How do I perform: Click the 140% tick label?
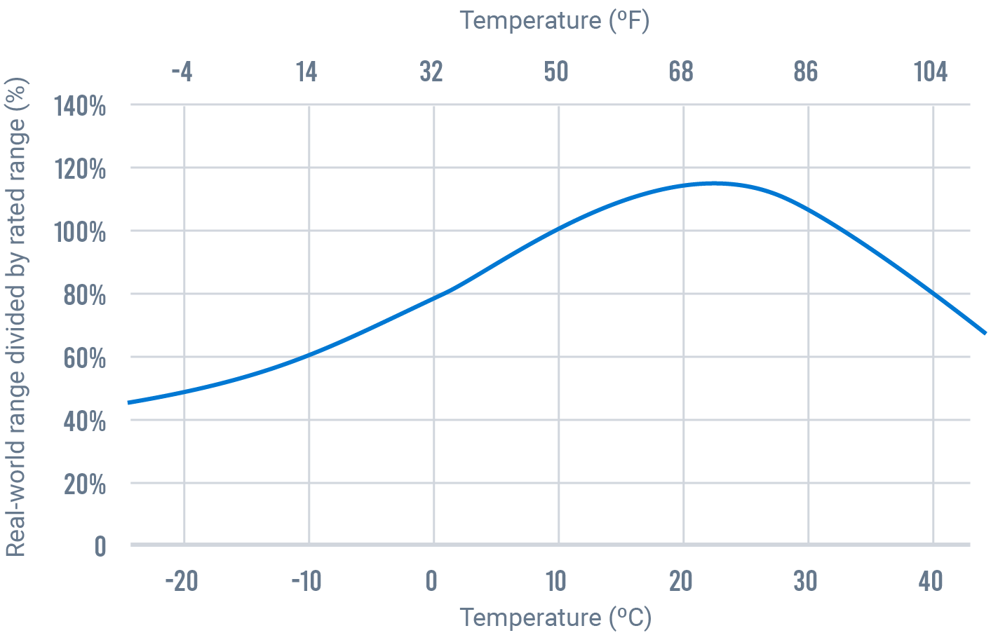tap(80, 107)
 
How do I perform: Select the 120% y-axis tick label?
tap(80, 170)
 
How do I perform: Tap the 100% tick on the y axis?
tap(80, 232)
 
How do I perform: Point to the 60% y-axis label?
tap(84, 358)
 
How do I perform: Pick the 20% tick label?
tap(84, 484)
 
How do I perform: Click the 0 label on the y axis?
tap(100, 546)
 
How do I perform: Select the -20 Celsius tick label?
tap(182, 581)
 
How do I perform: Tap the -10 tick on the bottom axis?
tap(306, 581)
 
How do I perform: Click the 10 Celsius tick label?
tap(556, 581)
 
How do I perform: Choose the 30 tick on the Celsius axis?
tap(806, 581)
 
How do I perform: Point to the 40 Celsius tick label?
tap(931, 581)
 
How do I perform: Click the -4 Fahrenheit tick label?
tap(182, 72)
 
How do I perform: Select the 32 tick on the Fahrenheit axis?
tap(431, 72)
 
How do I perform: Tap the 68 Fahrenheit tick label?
tap(681, 72)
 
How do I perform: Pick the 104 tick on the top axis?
tap(931, 72)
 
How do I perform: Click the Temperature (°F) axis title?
tap(555, 20)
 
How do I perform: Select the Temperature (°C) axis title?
tap(555, 618)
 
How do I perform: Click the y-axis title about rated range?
tap(16, 317)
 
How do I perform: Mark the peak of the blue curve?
tap(714, 183)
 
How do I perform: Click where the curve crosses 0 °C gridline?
tap(434, 298)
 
